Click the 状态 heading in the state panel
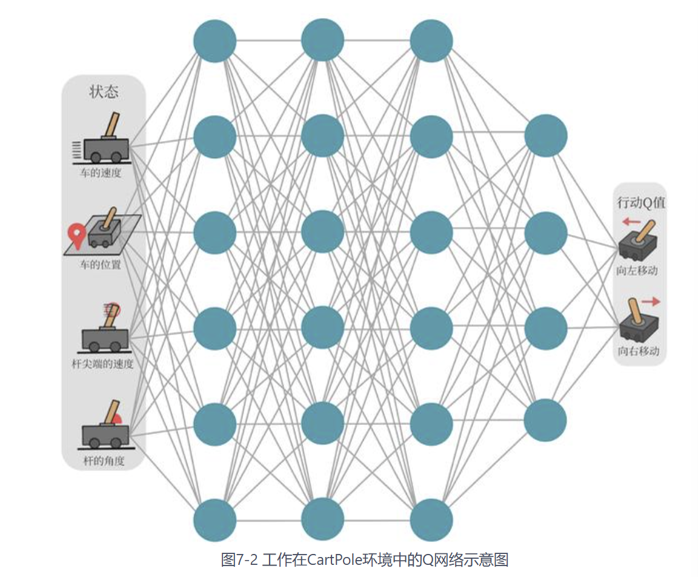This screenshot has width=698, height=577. click(104, 92)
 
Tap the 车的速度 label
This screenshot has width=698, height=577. click(102, 173)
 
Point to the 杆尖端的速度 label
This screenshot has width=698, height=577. click(102, 364)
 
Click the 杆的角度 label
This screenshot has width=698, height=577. click(104, 461)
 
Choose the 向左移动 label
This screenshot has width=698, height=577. click(637, 270)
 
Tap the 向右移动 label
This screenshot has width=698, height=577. click(638, 351)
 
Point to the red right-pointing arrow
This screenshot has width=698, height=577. click(651, 301)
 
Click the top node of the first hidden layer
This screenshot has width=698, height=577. click(214, 41)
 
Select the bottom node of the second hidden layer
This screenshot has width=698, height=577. click(322, 520)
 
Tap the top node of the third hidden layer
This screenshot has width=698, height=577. click(431, 41)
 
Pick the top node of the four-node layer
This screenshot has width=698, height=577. click(545, 136)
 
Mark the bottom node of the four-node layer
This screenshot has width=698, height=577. click(545, 420)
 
